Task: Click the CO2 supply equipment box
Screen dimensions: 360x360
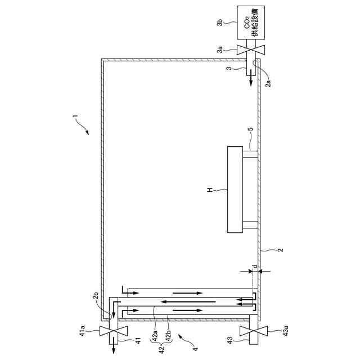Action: (x=251, y=22)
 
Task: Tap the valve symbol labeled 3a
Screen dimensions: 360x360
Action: (x=251, y=50)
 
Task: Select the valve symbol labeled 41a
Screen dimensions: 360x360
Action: (x=114, y=331)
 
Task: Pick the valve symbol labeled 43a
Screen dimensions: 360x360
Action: (x=254, y=331)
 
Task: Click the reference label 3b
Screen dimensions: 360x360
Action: (x=220, y=23)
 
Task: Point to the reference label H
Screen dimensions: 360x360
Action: (x=210, y=190)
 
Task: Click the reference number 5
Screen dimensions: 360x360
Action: (x=251, y=129)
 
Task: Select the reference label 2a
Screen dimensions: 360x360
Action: (x=268, y=83)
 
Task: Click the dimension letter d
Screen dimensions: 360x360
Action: (x=255, y=267)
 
